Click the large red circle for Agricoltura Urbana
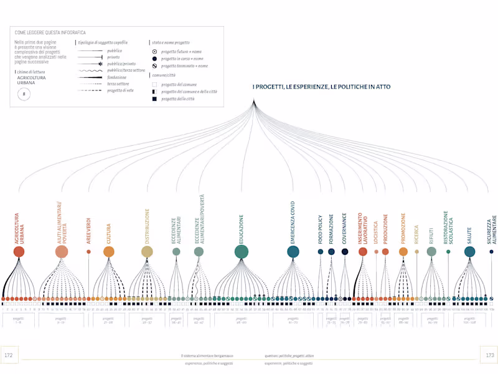[19, 252]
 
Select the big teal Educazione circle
[242, 251]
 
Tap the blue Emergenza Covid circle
[293, 252]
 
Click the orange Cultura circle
[109, 252]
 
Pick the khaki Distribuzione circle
[147, 252]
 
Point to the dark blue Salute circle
[469, 251]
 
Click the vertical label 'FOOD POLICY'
[321, 229]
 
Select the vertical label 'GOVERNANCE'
[344, 227]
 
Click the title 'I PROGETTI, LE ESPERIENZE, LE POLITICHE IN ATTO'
[321, 87]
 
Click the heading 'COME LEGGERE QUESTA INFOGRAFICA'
[50, 32]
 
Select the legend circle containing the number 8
[24, 94]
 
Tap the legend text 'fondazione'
[118, 77]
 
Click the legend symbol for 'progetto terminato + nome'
[154, 65]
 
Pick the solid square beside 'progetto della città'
[154, 98]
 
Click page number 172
[9, 355]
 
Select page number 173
[489, 355]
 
